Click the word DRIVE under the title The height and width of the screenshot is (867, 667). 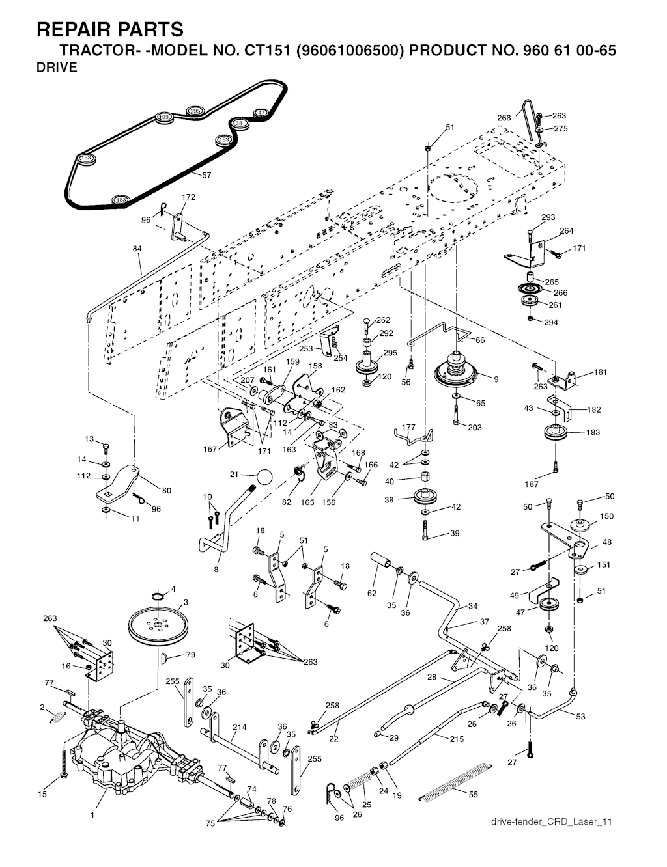click(57, 68)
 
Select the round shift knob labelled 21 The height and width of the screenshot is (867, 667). click(263, 476)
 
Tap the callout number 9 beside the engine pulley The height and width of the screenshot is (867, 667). click(496, 379)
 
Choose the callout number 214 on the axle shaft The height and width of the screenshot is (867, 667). click(239, 726)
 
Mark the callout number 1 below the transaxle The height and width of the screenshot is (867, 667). click(92, 814)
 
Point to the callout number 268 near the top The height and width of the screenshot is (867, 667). click(504, 118)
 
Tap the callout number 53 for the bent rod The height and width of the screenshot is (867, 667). click(580, 716)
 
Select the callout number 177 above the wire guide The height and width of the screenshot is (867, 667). click(408, 427)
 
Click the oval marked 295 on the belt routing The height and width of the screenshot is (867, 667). click(195, 112)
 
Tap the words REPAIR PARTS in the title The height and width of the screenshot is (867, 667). click(110, 29)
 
